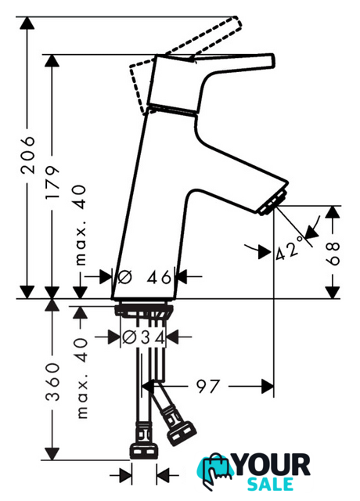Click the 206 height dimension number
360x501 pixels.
[x=27, y=155]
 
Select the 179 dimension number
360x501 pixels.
[x=52, y=182]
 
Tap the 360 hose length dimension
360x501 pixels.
[x=52, y=382]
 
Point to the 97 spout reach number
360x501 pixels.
[x=208, y=386]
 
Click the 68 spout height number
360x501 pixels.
[x=333, y=254]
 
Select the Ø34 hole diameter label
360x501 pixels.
[x=143, y=337]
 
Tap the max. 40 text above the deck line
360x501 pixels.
[x=80, y=225]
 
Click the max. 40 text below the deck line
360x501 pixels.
[x=81, y=378]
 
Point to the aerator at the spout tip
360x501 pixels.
[x=272, y=203]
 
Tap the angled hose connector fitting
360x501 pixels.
[x=179, y=427]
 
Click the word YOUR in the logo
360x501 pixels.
[x=272, y=465]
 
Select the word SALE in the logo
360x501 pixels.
[x=271, y=485]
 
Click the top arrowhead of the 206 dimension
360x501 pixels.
[x=27, y=23]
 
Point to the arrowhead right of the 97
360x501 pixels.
[x=268, y=387]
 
